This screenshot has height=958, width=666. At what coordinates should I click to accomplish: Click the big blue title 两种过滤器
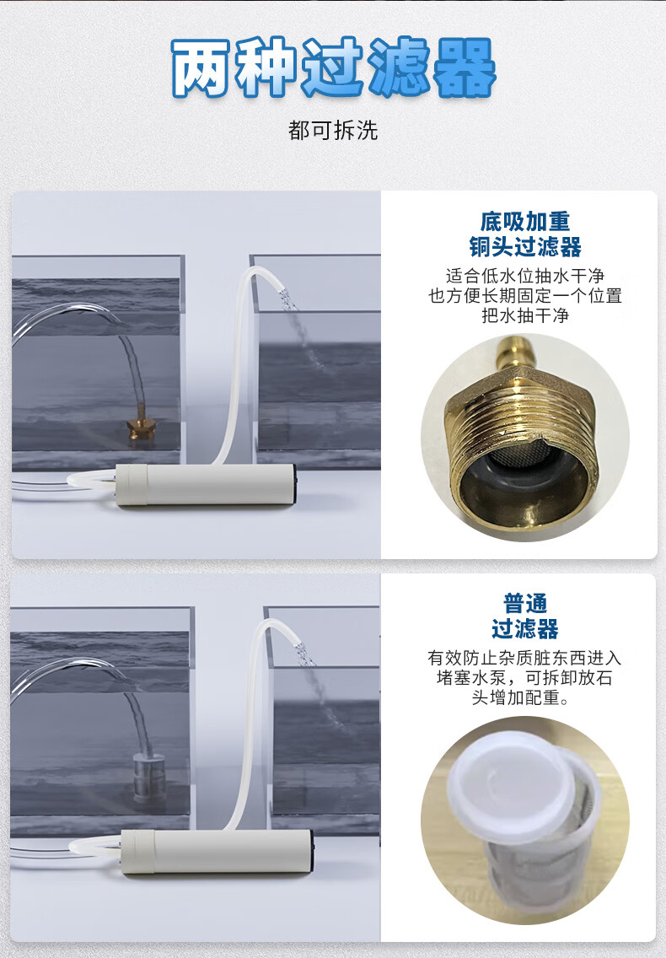333,67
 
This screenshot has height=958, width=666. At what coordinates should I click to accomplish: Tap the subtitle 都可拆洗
333,130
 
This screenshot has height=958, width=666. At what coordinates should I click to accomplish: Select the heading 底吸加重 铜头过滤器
525,234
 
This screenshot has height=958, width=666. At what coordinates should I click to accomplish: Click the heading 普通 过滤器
525,616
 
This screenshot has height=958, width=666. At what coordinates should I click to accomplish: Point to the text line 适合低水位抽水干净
525,276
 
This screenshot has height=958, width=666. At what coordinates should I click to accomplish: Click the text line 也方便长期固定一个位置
525,296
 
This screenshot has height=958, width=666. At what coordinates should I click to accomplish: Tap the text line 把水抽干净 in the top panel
525,315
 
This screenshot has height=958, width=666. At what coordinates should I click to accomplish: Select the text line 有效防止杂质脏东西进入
525,658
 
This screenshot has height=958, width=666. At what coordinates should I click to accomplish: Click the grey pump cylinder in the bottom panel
218,851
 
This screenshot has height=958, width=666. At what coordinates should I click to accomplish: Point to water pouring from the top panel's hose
304,335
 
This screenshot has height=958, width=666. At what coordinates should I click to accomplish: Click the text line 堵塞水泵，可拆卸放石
525,677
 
